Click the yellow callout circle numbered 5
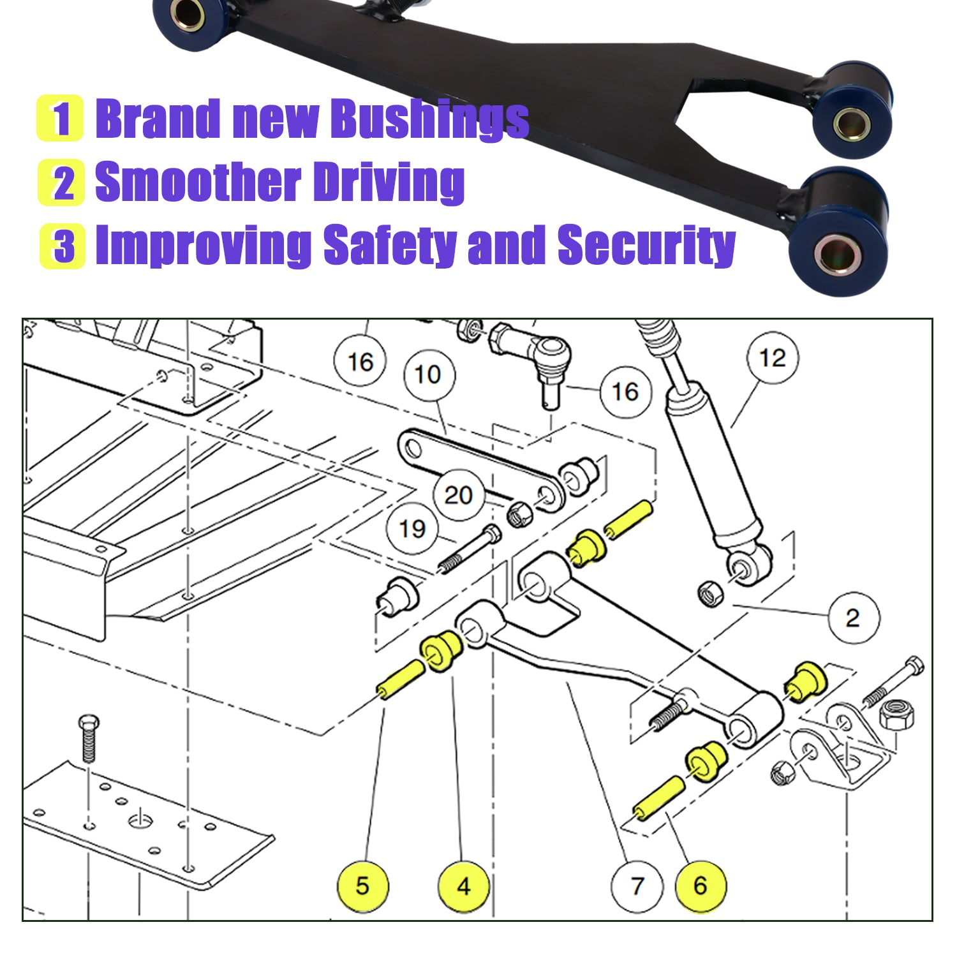click(362, 886)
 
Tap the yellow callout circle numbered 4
click(464, 886)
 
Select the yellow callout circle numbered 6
click(701, 886)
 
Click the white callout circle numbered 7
click(637, 886)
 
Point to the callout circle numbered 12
click(773, 358)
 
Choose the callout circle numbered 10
click(428, 375)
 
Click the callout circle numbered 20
click(458, 495)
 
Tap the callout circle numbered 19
click(412, 528)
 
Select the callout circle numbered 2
click(853, 618)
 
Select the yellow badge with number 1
click(60, 118)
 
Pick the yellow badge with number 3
click(62, 246)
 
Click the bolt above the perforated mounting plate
click(89, 738)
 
